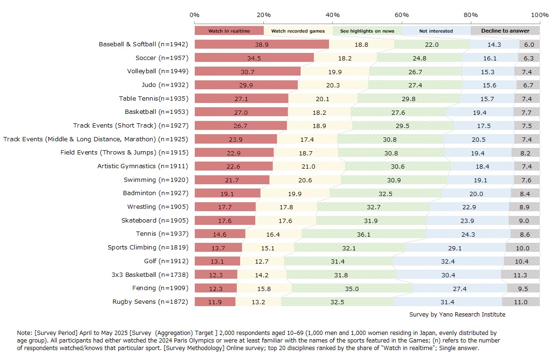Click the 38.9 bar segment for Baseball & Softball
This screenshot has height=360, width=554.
(x=261, y=44)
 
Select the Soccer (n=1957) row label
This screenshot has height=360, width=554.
(x=162, y=58)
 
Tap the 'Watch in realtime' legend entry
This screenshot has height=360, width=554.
(x=229, y=31)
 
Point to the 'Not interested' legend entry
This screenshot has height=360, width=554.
(x=436, y=31)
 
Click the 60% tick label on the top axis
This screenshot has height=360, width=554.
(x=402, y=15)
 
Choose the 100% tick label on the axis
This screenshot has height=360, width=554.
(x=540, y=15)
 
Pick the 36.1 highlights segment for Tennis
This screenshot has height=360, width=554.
(x=364, y=234)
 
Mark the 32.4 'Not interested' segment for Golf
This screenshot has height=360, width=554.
(x=448, y=261)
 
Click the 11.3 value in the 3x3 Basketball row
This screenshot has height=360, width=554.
(x=520, y=275)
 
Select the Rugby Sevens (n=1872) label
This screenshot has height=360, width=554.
(x=150, y=302)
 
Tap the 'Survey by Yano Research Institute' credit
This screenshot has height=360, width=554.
(x=457, y=315)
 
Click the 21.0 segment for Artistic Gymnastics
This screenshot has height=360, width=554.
(x=309, y=166)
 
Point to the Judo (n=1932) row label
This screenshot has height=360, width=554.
(x=164, y=85)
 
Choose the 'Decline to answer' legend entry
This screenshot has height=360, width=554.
(x=505, y=31)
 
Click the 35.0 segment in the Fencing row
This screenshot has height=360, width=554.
(x=352, y=288)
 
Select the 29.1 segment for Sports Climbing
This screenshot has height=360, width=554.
(x=455, y=248)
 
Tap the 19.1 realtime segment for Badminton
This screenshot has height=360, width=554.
(x=227, y=193)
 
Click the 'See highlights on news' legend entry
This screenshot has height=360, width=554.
(x=367, y=31)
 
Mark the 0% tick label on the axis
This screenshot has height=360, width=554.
(x=194, y=15)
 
